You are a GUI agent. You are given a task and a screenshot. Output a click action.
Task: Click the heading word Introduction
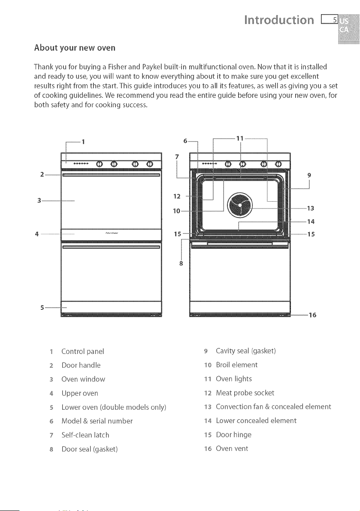tap(279, 20)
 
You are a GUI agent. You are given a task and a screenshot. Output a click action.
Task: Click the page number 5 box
tap(330, 20)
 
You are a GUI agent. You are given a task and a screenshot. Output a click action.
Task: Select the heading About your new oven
tap(75, 48)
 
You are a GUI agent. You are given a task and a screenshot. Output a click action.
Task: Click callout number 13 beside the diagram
tap(310, 208)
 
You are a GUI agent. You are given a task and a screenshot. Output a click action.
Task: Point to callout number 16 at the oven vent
tap(312, 315)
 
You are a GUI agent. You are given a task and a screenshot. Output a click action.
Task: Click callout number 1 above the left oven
tap(83, 142)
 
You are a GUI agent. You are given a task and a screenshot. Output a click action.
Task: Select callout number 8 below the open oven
tap(181, 263)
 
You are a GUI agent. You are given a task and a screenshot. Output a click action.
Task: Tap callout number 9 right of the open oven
tap(309, 175)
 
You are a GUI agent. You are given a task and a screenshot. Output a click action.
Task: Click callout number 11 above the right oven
tap(240, 138)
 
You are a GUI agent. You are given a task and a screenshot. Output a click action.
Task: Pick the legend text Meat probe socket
tap(245, 393)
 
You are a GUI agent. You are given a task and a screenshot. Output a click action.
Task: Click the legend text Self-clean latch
tap(85, 435)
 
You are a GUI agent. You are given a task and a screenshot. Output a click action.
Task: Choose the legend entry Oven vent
tap(232, 449)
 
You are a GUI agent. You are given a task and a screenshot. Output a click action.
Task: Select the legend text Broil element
tap(237, 365)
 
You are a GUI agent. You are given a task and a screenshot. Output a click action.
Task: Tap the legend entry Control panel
tap(83, 352)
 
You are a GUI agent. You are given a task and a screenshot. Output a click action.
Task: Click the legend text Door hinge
tap(233, 435)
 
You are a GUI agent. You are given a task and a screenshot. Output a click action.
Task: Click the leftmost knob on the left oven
tap(100, 164)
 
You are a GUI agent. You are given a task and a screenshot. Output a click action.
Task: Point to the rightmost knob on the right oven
tap(278, 163)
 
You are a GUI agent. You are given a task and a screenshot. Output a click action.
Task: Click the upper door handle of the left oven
tap(112, 175)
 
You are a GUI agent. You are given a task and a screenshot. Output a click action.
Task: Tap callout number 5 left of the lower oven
tap(42, 307)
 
